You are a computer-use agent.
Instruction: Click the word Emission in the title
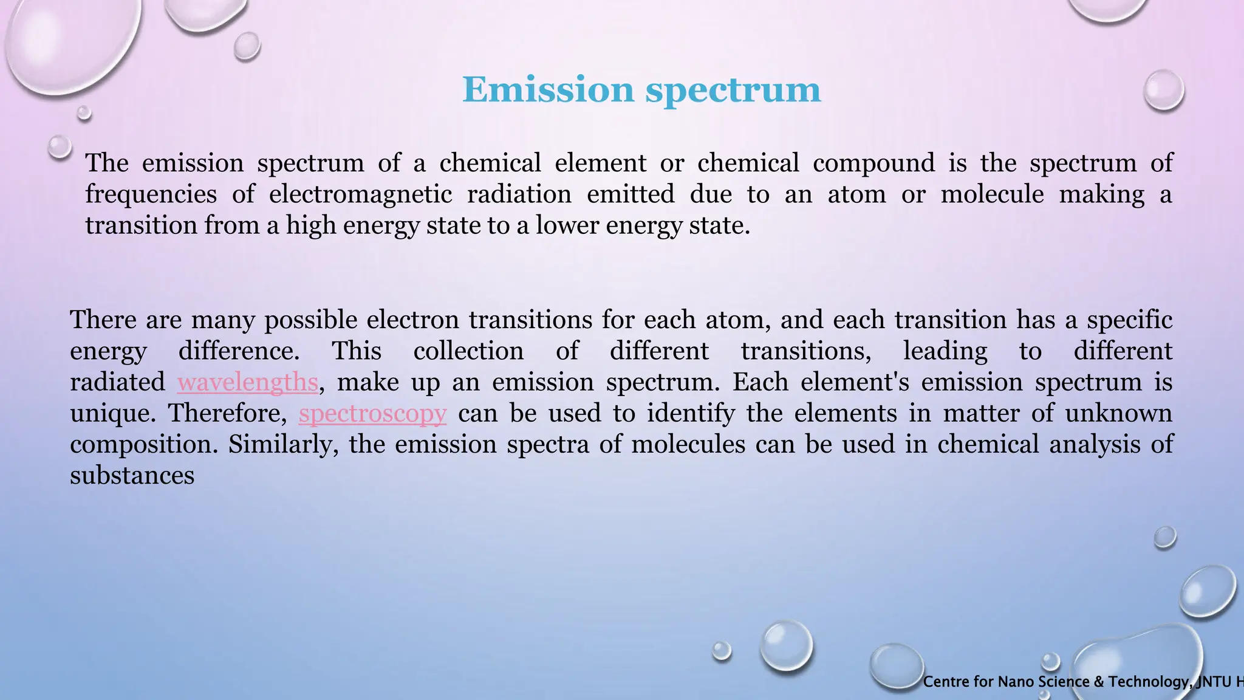coord(548,90)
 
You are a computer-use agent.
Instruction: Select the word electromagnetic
coord(360,194)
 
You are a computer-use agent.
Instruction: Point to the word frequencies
coord(151,194)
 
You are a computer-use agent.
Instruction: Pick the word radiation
coord(519,194)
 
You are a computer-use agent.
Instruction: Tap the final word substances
coord(132,476)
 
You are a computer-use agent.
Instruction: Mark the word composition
coord(143,445)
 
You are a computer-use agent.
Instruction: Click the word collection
coord(468,351)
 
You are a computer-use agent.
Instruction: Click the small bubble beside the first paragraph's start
coord(60,147)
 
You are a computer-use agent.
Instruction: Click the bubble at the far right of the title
coord(1163,90)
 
